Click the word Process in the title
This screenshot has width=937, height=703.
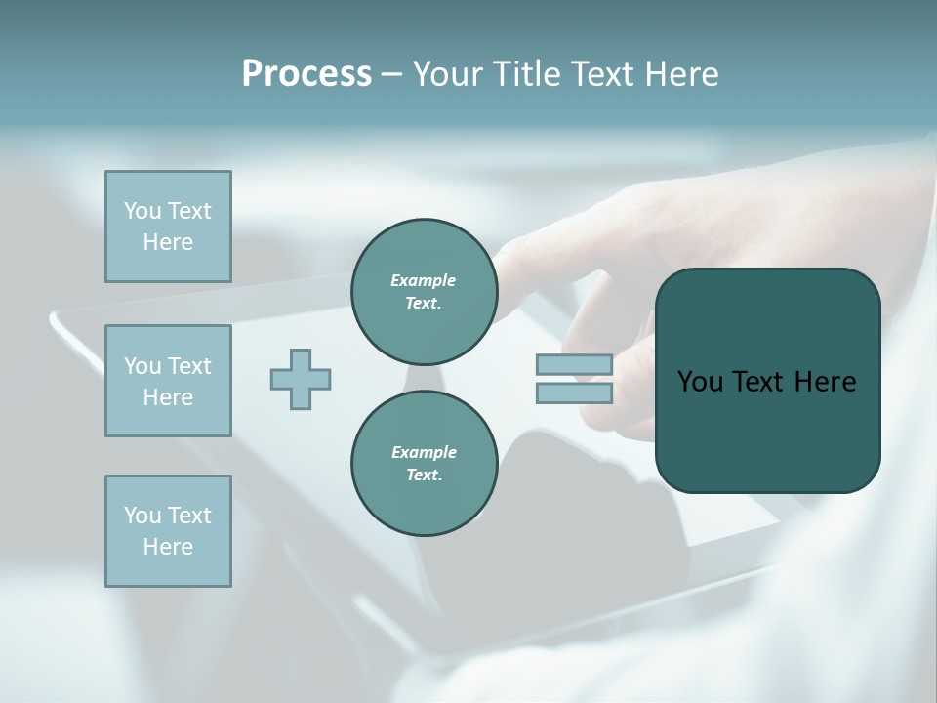[x=306, y=74]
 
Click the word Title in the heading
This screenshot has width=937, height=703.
[x=526, y=74]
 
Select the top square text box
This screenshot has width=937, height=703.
[x=168, y=227]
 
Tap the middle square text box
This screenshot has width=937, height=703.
[x=168, y=381]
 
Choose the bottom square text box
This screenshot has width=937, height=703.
[x=168, y=531]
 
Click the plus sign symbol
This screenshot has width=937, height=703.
[x=301, y=379]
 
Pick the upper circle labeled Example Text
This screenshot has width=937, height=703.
[x=424, y=292]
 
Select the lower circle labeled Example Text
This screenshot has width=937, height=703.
[x=424, y=464]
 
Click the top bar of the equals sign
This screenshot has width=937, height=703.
[x=574, y=365]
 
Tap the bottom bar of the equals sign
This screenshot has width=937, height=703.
[x=574, y=393]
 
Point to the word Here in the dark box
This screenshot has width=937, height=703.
[x=825, y=382]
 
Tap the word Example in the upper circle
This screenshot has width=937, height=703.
[x=424, y=281]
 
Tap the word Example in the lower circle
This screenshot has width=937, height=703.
[x=424, y=453]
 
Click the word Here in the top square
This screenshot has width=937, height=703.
[x=168, y=242]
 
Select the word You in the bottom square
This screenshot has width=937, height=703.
[x=143, y=516]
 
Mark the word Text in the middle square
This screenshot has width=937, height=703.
[x=189, y=366]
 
